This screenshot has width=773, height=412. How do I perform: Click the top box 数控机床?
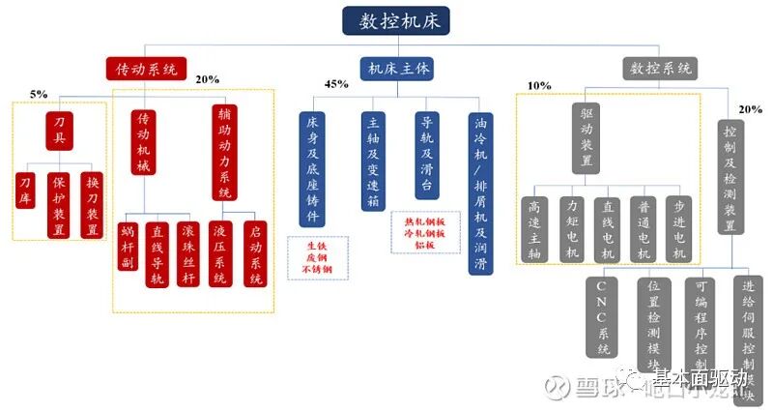point(395,21)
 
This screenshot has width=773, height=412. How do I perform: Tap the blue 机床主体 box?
point(396,69)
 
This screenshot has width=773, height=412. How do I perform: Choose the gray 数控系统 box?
point(661,69)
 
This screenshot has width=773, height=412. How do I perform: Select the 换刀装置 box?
point(93,204)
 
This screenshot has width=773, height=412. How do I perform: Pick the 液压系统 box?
point(221,253)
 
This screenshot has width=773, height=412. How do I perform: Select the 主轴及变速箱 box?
point(372,162)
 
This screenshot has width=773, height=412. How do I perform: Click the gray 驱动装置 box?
point(587,136)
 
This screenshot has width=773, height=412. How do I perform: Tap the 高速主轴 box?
point(532,228)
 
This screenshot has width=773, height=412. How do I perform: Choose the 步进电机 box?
point(679,228)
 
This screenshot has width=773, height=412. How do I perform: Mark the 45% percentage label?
point(336,85)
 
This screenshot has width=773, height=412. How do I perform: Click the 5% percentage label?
point(39,94)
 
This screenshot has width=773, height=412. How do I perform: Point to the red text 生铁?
point(319,246)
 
